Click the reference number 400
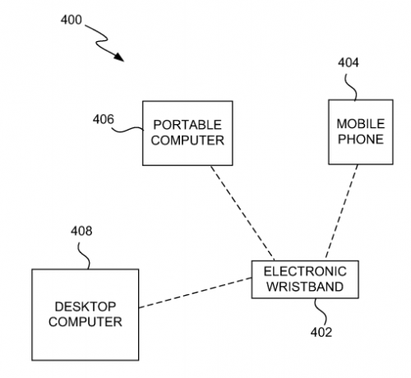click(x=72, y=20)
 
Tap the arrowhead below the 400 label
click(x=119, y=57)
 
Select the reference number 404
click(x=348, y=62)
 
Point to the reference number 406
click(x=103, y=119)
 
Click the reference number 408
click(x=81, y=231)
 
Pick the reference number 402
click(x=321, y=332)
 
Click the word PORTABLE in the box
click(x=187, y=125)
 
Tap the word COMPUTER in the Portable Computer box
click(x=187, y=141)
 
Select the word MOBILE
click(x=361, y=124)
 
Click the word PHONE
click(x=361, y=139)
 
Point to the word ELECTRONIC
click(x=305, y=271)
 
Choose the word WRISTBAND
click(x=305, y=287)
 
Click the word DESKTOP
click(x=85, y=307)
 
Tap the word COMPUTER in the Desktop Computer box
click(x=85, y=321)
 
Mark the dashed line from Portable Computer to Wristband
click(x=242, y=213)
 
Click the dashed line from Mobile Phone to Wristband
click(x=341, y=211)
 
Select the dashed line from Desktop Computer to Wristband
click(x=195, y=293)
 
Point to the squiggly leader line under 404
click(x=351, y=87)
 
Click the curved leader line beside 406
click(x=128, y=129)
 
